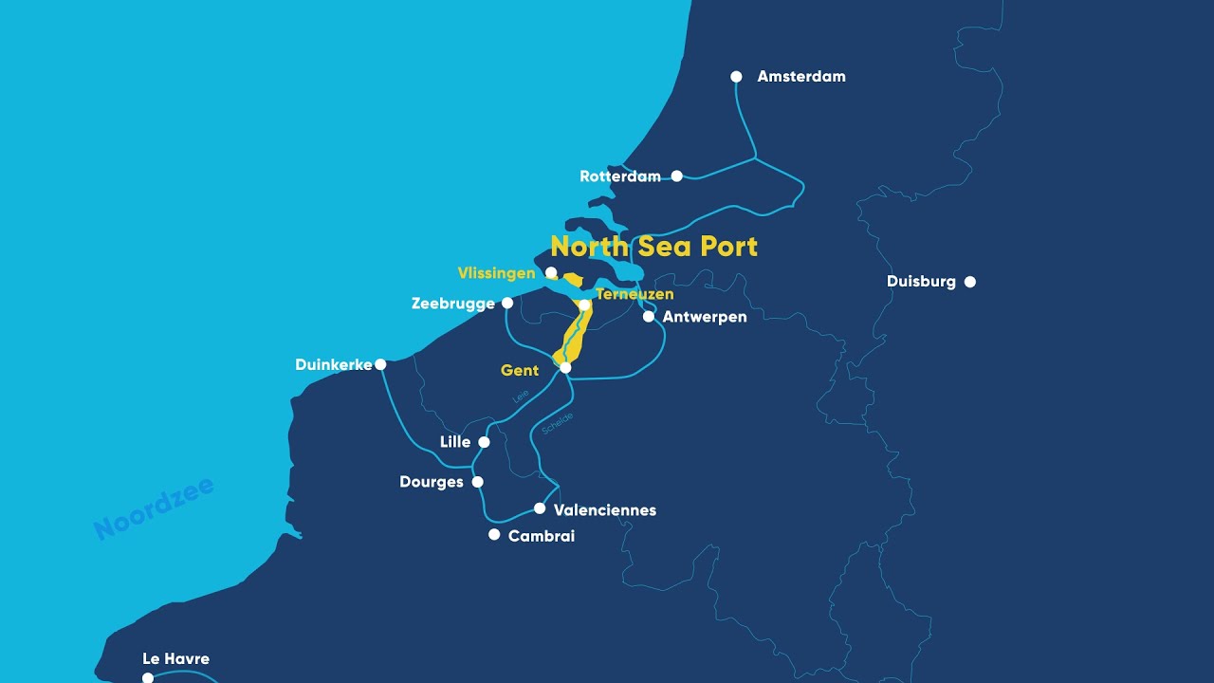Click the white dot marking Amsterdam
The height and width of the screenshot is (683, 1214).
click(736, 77)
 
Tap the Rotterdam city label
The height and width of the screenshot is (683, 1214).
click(619, 176)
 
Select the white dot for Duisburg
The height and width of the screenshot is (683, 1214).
click(969, 282)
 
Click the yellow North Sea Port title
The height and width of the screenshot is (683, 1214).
click(653, 247)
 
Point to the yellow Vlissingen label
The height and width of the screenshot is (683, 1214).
click(496, 273)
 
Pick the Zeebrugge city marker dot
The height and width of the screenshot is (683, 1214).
click(507, 303)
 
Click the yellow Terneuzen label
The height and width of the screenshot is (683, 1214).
click(635, 294)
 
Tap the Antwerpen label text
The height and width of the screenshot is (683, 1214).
click(705, 317)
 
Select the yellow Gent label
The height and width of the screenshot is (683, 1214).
click(520, 371)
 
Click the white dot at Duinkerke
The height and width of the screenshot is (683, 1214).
click(380, 364)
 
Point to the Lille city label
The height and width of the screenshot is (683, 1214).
click(455, 442)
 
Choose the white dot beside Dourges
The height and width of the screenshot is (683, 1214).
click(477, 482)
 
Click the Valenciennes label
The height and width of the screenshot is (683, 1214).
click(604, 510)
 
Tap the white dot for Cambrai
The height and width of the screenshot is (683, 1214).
click(494, 535)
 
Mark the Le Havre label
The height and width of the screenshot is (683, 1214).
click(175, 659)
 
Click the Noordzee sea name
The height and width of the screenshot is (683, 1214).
click(155, 509)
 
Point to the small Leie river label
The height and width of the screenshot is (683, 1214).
click(521, 397)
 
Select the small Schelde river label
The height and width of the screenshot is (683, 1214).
click(558, 423)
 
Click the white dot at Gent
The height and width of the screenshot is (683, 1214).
click(565, 367)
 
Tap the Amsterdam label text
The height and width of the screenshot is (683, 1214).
click(801, 77)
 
